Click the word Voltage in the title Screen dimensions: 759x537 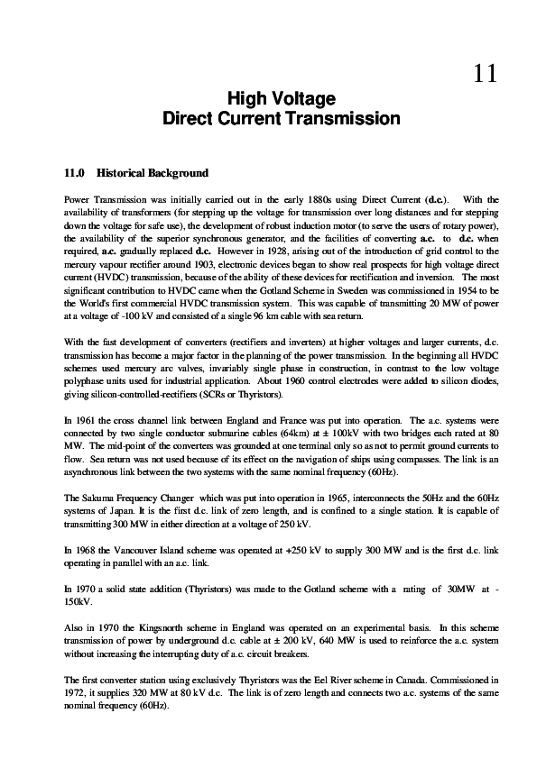click(307, 98)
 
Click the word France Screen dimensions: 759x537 click(282, 420)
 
